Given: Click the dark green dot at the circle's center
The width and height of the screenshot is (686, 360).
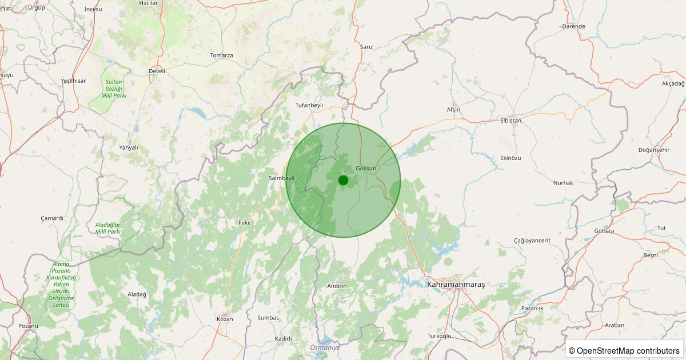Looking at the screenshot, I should tap(343, 180).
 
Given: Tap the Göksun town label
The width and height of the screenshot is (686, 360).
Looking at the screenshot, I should tap(366, 169).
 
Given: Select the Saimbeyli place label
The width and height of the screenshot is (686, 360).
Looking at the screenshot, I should tap(281, 178).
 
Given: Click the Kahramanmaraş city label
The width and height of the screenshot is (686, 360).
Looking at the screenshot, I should tap(456, 284).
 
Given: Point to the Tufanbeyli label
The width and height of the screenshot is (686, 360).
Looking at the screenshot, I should tap(309, 105).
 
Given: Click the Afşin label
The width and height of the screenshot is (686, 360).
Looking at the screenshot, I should tap(453, 110).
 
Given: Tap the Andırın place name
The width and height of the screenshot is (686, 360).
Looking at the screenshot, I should tap(337, 286).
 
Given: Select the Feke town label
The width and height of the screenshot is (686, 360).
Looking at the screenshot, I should tap(245, 222).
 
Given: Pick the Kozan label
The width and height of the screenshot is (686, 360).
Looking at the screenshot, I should tap(225, 319).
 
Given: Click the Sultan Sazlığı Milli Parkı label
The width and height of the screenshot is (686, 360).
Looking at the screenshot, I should tap(114, 89).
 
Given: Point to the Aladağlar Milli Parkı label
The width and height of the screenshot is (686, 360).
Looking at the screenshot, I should tap(108, 228).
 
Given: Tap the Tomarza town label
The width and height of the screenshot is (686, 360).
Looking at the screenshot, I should tap(221, 55).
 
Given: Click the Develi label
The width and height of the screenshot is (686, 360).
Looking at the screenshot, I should tap(157, 71).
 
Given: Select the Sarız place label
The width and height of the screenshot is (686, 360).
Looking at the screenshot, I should tap(366, 47).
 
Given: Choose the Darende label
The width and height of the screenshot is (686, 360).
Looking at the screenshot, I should tap(573, 26).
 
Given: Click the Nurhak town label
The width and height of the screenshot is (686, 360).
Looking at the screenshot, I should tap(563, 183).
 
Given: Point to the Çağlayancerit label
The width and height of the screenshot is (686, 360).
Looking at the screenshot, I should tap(532, 241).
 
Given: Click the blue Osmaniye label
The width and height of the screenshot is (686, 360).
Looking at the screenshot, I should tap(325, 347).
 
